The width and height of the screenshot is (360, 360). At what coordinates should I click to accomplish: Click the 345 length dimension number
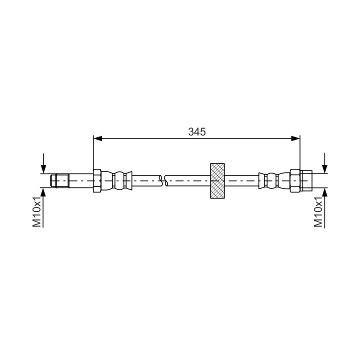[x=197, y=132]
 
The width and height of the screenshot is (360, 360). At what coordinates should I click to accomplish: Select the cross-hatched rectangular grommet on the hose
[x=217, y=180]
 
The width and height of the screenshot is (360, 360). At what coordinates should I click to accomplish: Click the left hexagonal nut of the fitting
[x=97, y=180]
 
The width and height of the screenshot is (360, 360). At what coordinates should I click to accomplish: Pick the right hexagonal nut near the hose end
[x=295, y=180]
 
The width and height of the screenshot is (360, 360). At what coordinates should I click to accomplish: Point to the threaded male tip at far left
[x=59, y=180]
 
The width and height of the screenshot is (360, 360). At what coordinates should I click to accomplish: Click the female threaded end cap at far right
[x=306, y=180]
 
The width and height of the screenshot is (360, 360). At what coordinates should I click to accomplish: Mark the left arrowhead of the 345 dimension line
[x=98, y=138]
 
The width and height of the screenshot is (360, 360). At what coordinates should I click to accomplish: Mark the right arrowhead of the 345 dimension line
[x=295, y=138]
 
